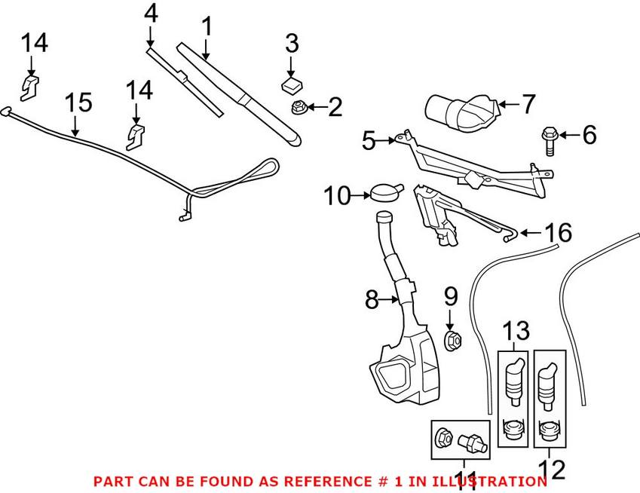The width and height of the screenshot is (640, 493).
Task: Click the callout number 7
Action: coord(528,104)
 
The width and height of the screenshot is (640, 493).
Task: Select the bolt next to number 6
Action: coord(550,141)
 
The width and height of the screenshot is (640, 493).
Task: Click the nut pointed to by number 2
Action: coord(299,108)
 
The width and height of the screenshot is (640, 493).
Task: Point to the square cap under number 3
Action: coord(292,85)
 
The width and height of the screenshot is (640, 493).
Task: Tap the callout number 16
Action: coord(559,232)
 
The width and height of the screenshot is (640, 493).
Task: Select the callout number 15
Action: coord(78,102)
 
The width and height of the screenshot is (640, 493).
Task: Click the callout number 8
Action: coord(372,299)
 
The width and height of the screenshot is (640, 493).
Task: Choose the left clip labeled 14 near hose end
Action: coord(30,87)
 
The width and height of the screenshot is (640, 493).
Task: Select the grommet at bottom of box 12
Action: coord(548,431)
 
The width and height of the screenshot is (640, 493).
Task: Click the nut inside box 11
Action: coord(443,438)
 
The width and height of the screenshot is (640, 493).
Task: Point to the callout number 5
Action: coord(369,141)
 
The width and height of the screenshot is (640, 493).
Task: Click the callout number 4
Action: coord(151,14)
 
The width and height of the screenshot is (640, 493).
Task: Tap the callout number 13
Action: coord(516,331)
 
